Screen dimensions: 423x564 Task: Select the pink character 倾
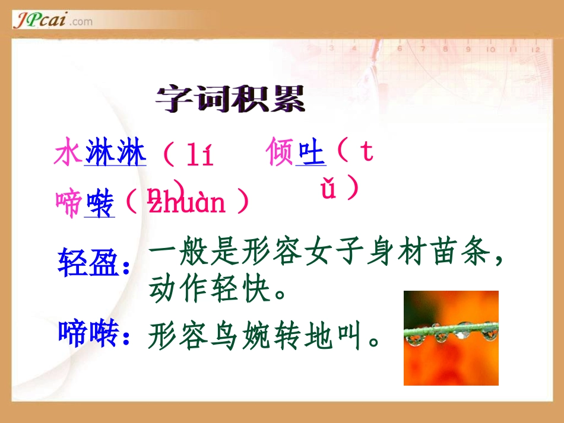tap(281, 152)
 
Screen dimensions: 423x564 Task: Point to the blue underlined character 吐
tap(312, 153)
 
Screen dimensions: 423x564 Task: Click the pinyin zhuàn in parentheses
tap(187, 203)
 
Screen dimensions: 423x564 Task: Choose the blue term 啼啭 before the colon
tap(88, 333)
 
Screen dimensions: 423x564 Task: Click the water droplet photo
tap(451, 338)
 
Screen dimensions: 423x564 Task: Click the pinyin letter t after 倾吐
tap(366, 152)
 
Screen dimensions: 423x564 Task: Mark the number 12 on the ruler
tap(536, 49)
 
